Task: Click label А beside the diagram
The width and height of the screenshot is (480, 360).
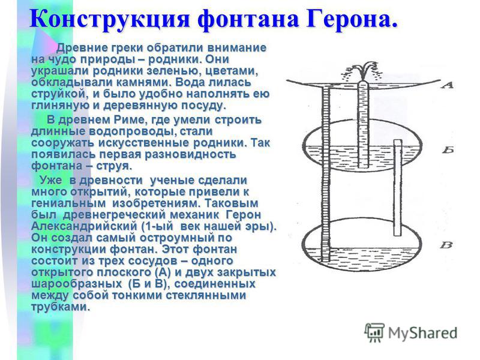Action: pyautogui.click(x=447, y=85)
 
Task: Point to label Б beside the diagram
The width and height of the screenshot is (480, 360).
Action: pyautogui.click(x=448, y=149)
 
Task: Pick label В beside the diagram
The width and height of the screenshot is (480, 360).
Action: pyautogui.click(x=446, y=245)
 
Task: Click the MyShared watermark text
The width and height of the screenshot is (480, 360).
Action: pyautogui.click(x=422, y=333)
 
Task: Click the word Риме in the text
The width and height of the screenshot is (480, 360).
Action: pyautogui.click(x=127, y=119)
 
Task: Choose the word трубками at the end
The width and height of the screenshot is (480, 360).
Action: pyautogui.click(x=61, y=307)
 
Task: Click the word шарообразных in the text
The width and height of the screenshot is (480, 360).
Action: pyautogui.click(x=76, y=284)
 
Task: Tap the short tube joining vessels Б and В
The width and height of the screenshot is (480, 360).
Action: pyautogui.click(x=398, y=187)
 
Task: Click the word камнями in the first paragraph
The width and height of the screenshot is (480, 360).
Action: pyautogui.click(x=140, y=82)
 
